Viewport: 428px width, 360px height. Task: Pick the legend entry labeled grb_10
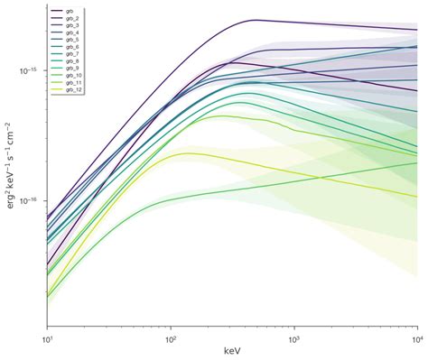[x=71, y=76]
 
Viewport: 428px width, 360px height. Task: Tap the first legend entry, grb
[x=68, y=11]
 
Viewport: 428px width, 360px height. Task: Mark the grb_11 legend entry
[x=71, y=83]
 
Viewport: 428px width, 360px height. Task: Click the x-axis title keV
[x=231, y=350]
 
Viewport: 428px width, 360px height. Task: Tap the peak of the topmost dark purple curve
[x=255, y=20]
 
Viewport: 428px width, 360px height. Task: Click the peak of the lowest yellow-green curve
[x=188, y=153]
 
